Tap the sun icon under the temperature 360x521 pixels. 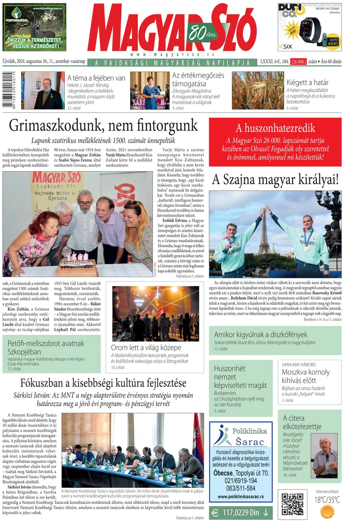327,511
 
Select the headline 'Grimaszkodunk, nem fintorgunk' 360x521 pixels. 103,125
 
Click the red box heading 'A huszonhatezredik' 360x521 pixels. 275,128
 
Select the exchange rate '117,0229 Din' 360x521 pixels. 241,512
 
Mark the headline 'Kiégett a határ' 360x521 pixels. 307,82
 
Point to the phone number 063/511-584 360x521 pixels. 241,488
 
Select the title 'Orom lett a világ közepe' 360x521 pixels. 146,348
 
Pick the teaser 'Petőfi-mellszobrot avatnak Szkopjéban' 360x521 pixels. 46,348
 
